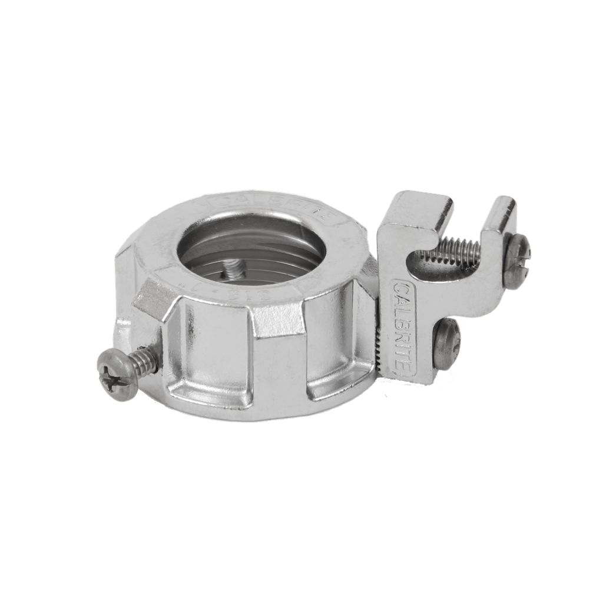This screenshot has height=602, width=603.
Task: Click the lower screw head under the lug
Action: [x=448, y=344]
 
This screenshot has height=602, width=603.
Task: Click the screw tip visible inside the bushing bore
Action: [x=233, y=270]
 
